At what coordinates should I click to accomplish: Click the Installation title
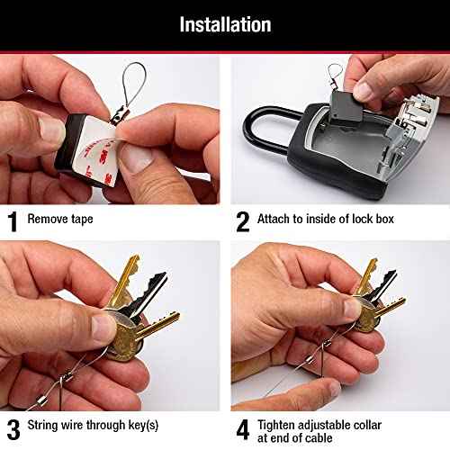pyautogui.click(x=225, y=24)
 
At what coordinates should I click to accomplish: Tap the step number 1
pyautogui.click(x=13, y=219)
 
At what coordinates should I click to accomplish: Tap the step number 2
pyautogui.click(x=241, y=219)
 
